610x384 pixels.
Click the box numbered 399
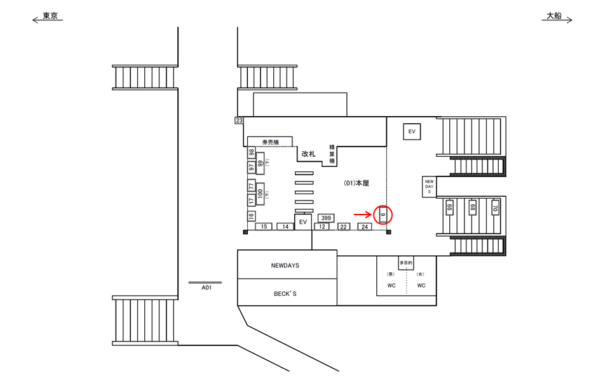coord(326,218)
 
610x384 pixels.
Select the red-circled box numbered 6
coord(383,215)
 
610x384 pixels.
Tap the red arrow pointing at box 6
coord(363,215)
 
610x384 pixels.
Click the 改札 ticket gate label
coord(309,154)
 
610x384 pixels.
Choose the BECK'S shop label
coord(285,294)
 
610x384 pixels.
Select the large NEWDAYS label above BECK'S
coord(285,266)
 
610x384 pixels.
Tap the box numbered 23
coord(239,121)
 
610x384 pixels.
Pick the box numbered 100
coord(260,194)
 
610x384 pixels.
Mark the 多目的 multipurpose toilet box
coord(406,262)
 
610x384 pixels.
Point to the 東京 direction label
coord(50,16)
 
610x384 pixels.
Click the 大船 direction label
coord(554,16)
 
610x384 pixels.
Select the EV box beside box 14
coord(303,222)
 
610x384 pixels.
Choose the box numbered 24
coord(364,227)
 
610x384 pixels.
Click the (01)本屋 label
coord(356,183)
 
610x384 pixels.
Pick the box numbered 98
coord(252,153)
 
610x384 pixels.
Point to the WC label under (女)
coord(421,286)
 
